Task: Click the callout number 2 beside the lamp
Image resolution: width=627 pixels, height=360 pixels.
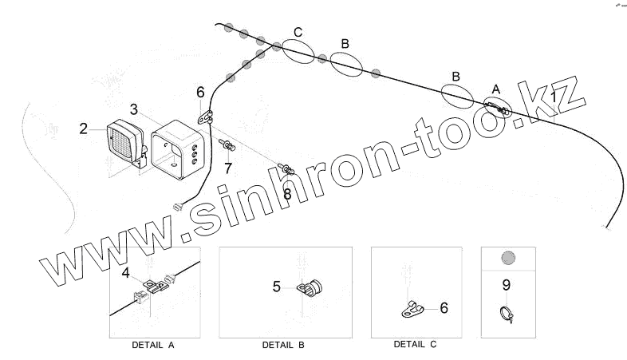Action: click(x=83, y=128)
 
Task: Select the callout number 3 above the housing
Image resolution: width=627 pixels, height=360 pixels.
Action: click(x=134, y=109)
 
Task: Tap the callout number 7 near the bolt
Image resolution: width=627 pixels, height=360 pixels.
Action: click(x=228, y=168)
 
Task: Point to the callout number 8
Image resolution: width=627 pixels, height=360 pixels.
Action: click(x=287, y=192)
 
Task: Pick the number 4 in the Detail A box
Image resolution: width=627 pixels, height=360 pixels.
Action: click(x=125, y=274)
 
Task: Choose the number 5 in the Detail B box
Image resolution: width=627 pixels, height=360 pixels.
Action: click(x=277, y=287)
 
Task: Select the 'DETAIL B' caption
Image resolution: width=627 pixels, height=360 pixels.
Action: click(x=283, y=346)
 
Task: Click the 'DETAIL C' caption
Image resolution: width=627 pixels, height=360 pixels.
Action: click(x=415, y=345)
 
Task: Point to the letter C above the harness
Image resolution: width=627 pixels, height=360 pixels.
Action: click(x=298, y=32)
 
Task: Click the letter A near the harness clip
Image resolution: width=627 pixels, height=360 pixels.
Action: click(x=495, y=88)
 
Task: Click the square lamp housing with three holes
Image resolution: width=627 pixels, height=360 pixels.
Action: click(x=179, y=150)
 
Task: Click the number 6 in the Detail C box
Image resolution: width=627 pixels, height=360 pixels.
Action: click(x=444, y=307)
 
